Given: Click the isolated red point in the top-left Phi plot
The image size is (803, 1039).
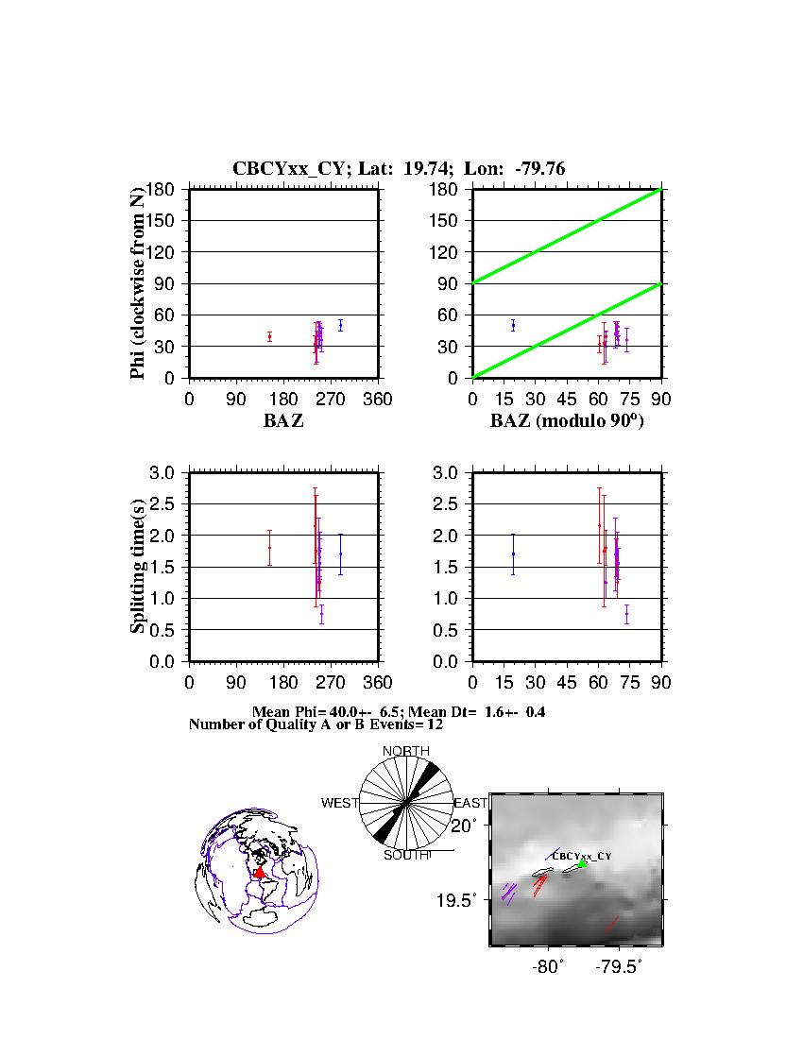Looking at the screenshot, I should click(269, 336).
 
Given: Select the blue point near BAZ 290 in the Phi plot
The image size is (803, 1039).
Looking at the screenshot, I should click(340, 325).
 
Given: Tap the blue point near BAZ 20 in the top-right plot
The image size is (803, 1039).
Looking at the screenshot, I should click(513, 325).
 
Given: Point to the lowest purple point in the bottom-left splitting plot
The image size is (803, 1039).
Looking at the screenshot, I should click(321, 614).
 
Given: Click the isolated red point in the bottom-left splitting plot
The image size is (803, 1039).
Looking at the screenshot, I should click(269, 548).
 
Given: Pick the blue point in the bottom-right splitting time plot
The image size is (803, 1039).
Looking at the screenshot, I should click(513, 554).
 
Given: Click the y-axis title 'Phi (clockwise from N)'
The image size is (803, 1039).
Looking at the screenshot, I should click(138, 283).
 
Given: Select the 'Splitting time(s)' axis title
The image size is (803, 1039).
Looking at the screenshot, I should click(138, 567).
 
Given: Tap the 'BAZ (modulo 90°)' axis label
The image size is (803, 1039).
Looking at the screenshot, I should click(567, 421).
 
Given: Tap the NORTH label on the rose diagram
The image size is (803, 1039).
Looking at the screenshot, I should click(406, 751).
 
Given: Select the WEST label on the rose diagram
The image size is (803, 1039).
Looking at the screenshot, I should click(340, 803).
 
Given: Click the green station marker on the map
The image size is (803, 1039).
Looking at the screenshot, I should click(583, 863).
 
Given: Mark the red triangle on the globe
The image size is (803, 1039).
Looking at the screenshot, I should click(259, 874).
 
